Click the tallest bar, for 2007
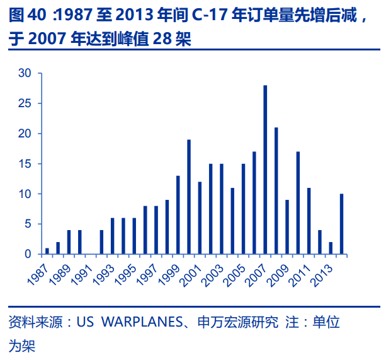pos(265,170)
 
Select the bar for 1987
pos(47,251)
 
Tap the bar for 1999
pos(178,215)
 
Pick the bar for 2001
pos(200,218)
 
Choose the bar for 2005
pos(243,209)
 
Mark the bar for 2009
pos(287,227)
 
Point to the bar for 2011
pos(309,221)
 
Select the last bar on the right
pos(341,224)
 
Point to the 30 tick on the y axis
pos(25,73)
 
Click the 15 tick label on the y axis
pos(25,164)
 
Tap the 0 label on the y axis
pos(28,254)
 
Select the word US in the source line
pos(86,323)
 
